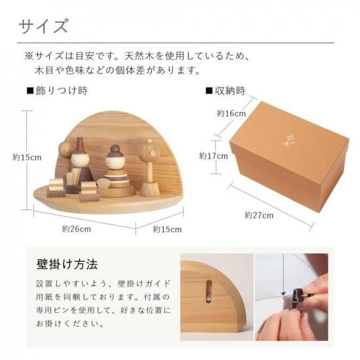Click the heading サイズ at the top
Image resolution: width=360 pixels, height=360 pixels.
coord(43,26)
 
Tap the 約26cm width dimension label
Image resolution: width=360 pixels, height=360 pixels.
coord(77,229)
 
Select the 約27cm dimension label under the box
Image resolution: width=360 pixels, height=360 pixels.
coord(259,215)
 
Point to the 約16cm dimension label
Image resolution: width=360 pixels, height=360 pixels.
coord(232,113)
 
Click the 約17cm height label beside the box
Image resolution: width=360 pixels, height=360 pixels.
coord(213,156)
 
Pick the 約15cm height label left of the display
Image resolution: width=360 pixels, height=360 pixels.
coord(27,158)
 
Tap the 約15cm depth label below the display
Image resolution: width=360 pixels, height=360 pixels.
coord(167,229)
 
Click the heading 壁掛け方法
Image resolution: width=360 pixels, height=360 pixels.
coord(67,264)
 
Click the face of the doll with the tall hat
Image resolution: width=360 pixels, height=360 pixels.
coord(80,159)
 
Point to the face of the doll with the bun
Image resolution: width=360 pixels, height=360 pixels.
coord(115,161)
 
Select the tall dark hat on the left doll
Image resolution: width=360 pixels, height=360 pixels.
coord(80,145)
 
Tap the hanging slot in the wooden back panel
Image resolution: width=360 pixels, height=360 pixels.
coord(209,291)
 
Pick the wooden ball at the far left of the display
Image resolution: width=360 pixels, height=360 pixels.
coord(65,149)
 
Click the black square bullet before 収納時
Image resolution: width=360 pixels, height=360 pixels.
coord(209,91)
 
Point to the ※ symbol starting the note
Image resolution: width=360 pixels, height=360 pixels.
coord(29,56)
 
